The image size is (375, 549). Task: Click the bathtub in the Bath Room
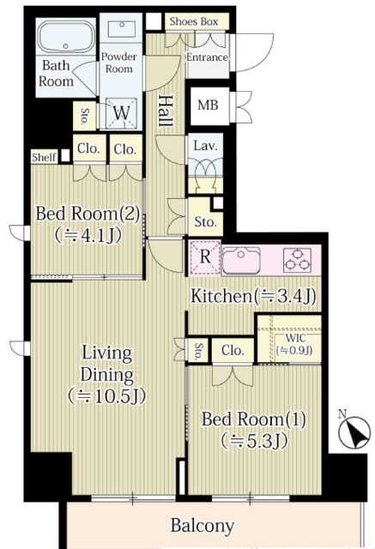pyautogui.click(x=66, y=37)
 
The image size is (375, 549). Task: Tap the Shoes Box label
pyautogui.click(x=194, y=21)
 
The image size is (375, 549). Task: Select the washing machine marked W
pyautogui.click(x=121, y=112)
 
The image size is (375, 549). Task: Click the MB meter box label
pyautogui.click(x=208, y=105)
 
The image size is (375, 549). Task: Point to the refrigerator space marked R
pyautogui.click(x=205, y=257)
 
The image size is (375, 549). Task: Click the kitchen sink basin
pyautogui.click(x=241, y=259)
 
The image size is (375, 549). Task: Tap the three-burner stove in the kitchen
pyautogui.click(x=298, y=259)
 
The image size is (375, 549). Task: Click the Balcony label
pyautogui.click(x=202, y=525)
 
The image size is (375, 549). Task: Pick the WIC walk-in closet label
pyautogui.click(x=295, y=338)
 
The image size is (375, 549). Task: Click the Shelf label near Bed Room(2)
pyautogui.click(x=44, y=157)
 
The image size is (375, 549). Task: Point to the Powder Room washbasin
pyautogui.click(x=122, y=28)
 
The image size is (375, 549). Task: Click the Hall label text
pyautogui.click(x=166, y=111)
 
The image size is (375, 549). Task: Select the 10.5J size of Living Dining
pyautogui.click(x=106, y=396)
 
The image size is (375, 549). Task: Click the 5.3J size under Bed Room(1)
pyautogui.click(x=254, y=440)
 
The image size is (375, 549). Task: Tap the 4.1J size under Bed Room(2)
pyautogui.click(x=88, y=235)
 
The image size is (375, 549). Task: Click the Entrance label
pyautogui.click(x=207, y=57)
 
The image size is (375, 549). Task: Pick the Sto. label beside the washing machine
pyautogui.click(x=85, y=117)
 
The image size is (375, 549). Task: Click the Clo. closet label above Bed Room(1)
pyautogui.click(x=233, y=350)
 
